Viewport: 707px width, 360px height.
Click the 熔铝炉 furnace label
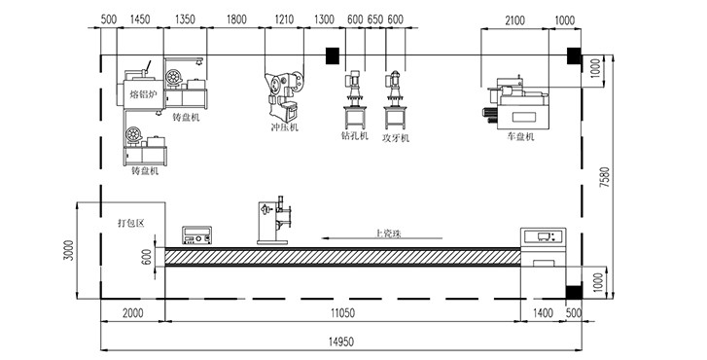(143, 93)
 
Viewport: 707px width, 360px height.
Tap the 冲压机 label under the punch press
(285, 127)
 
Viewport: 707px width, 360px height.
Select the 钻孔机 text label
(355, 135)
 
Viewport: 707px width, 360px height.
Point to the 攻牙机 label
(396, 137)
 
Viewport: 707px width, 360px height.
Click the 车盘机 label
(520, 136)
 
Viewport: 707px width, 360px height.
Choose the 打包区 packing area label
(130, 223)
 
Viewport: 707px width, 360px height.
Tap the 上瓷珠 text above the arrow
(388, 234)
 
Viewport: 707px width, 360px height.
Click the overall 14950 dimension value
(340, 342)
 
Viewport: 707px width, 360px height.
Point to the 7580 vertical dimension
(605, 178)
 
